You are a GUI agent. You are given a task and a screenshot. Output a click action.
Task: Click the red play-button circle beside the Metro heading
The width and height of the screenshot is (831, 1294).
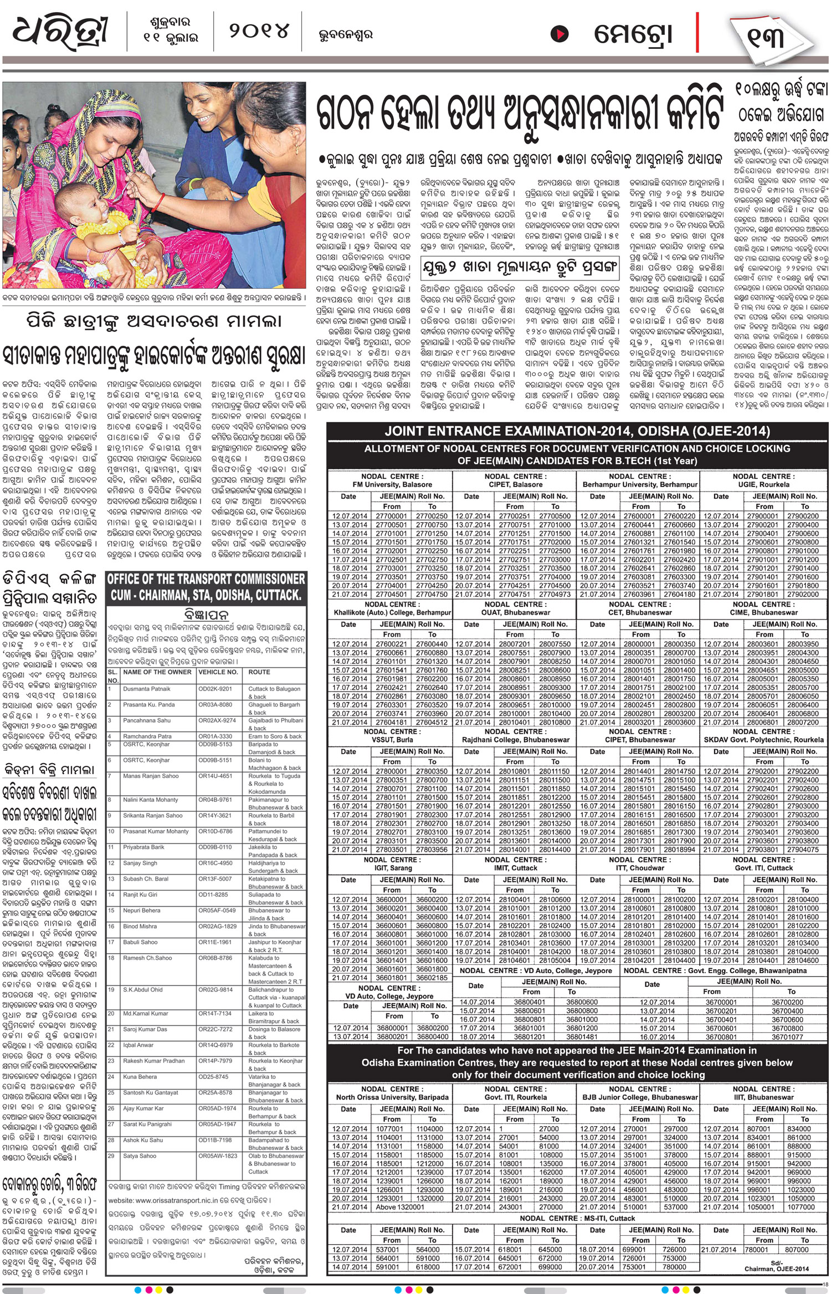559,34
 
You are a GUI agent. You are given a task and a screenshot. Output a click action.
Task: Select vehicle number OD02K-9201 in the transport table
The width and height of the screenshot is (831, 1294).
216,689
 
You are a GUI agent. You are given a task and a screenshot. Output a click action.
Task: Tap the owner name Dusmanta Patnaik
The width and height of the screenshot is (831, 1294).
147,689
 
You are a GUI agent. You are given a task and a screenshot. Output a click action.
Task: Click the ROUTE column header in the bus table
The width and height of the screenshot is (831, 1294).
259,672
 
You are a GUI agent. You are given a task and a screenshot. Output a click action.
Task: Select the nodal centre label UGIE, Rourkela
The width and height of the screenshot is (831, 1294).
763,484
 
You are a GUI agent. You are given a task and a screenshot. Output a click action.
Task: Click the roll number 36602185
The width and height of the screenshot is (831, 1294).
432,978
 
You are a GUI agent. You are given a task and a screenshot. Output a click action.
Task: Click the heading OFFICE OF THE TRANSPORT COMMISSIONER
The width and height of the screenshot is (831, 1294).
206,579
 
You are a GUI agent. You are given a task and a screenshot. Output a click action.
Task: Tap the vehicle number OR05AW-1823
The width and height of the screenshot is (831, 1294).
218,1155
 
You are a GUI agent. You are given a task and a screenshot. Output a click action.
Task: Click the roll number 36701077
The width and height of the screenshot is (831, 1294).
787,1037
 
